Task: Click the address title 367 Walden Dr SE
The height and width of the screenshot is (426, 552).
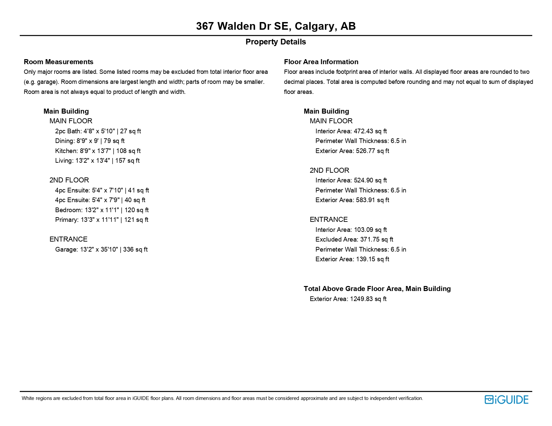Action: (276, 26)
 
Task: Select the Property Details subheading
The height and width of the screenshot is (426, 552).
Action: (276, 42)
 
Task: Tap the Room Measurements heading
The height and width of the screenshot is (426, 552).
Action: (59, 62)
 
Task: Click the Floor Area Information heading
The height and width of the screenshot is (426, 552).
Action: (321, 62)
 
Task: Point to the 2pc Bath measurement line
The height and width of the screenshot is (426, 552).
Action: (98, 131)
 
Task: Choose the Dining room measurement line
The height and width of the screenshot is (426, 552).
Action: (90, 141)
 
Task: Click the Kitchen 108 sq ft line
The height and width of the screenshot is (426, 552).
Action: (98, 151)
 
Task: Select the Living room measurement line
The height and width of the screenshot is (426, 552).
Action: (97, 161)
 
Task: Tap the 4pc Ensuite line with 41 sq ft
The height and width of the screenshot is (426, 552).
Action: (102, 190)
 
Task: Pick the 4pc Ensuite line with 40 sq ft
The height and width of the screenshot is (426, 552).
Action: (100, 200)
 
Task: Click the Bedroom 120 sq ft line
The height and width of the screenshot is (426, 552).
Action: (102, 210)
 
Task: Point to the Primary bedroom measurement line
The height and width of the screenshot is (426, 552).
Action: (102, 220)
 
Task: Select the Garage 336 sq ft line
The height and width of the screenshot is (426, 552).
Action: (101, 250)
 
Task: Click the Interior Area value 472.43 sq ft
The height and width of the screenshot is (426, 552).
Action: (351, 131)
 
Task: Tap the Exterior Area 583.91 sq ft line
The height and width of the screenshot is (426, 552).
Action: (352, 200)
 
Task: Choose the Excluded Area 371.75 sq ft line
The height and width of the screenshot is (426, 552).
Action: (354, 240)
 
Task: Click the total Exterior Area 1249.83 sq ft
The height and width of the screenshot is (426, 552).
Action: (348, 299)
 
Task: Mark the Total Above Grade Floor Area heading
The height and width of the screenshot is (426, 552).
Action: (377, 289)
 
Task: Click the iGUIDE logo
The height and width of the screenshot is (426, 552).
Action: (506, 400)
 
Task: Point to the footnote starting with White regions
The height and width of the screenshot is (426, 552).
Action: (222, 398)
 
